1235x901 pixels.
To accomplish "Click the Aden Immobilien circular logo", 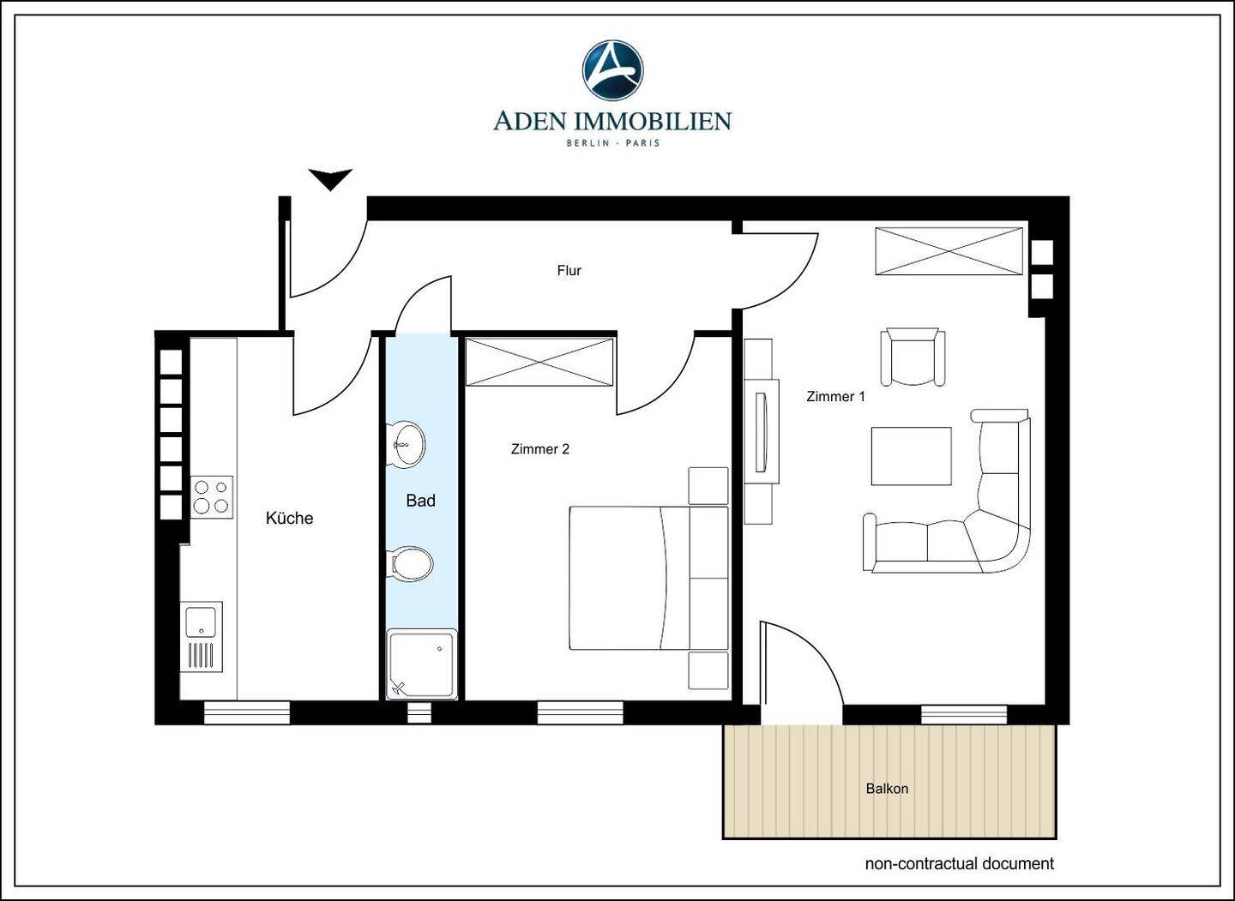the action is [x=612, y=70].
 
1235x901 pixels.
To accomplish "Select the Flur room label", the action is [x=569, y=271].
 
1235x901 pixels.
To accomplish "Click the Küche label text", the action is [x=290, y=518].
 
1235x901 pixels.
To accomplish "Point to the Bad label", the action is [x=420, y=501].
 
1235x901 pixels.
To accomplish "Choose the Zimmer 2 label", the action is [x=540, y=449].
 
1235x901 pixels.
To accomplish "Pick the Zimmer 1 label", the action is [x=836, y=396].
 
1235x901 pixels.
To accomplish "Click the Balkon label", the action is [x=887, y=789].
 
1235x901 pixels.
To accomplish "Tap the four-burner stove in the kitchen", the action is [x=212, y=496].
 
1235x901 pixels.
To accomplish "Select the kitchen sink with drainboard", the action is [x=202, y=637].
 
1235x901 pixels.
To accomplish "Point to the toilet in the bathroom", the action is [x=411, y=564].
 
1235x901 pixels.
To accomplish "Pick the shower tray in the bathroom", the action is [x=422, y=664].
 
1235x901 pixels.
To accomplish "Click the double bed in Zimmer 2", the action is [x=649, y=578].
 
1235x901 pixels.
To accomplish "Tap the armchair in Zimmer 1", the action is [x=913, y=357].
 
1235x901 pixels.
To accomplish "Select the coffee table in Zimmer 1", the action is [x=912, y=456].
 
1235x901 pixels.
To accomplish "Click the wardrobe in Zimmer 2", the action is [x=539, y=362].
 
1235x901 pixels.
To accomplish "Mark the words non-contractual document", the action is [x=960, y=863].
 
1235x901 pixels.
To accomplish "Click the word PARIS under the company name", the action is [x=643, y=143].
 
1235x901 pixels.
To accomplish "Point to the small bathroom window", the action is [x=420, y=713].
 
